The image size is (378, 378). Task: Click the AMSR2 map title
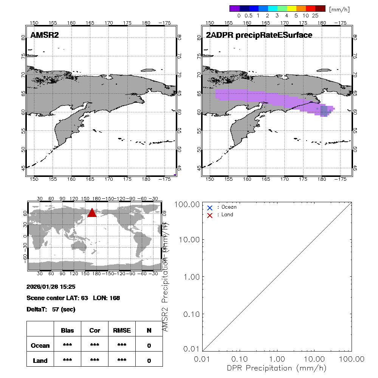tap(45, 35)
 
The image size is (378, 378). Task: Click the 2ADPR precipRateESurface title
tap(259, 35)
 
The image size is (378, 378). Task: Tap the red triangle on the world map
tap(92, 213)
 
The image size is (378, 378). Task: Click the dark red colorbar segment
tap(320, 8)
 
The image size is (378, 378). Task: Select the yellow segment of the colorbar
tap(291, 8)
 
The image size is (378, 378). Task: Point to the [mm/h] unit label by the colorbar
tap(339, 9)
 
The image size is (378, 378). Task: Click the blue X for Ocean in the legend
tap(210, 208)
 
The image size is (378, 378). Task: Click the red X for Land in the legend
tap(210, 215)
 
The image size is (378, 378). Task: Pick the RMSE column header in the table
tap(122, 330)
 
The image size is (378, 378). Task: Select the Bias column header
tap(67, 330)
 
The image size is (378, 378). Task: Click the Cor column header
tap(94, 330)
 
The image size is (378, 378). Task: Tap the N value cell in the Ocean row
tap(149, 345)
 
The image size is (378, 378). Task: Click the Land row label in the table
tap(40, 361)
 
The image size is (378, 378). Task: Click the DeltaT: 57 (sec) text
tap(51, 310)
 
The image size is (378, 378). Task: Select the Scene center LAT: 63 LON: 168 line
tap(73, 298)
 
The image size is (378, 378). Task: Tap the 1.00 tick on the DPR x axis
tap(277, 358)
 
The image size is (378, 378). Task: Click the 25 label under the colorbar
tap(315, 16)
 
